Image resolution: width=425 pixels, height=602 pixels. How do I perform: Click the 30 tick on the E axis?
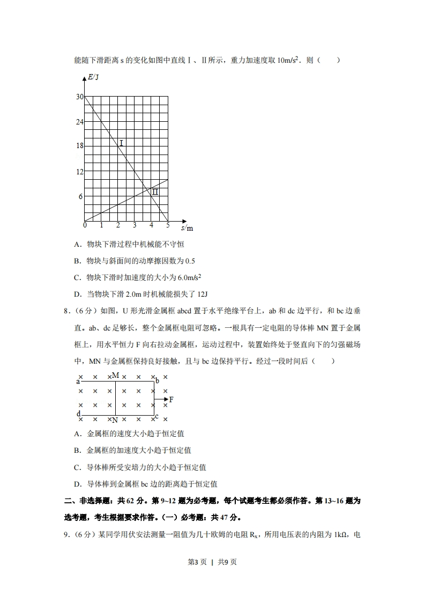point(80,97)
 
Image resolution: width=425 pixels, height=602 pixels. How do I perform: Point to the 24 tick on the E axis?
point(80,122)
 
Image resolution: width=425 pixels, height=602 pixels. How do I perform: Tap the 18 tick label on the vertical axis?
point(80,146)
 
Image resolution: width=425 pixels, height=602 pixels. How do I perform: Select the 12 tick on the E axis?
point(80,172)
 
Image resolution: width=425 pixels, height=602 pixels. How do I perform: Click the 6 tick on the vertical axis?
point(81,196)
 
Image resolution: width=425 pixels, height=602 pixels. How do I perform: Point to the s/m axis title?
point(187,228)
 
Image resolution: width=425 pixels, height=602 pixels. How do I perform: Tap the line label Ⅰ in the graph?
point(122,143)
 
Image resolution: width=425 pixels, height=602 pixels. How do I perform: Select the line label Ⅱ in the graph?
point(154,192)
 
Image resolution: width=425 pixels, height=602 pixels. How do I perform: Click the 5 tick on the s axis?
point(168,225)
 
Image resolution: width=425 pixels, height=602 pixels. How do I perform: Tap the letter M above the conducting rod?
point(115,376)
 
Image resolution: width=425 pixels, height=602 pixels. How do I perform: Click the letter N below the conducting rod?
point(115,420)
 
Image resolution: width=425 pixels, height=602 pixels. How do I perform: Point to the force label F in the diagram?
point(171,400)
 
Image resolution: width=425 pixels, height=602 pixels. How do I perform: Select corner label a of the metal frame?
point(78,381)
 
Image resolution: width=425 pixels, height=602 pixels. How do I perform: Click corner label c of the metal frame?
point(156,416)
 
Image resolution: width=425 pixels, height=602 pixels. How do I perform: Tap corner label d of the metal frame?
point(78,414)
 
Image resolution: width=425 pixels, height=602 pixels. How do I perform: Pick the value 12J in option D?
point(202,294)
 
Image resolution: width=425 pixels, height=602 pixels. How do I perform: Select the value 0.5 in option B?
point(190,261)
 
